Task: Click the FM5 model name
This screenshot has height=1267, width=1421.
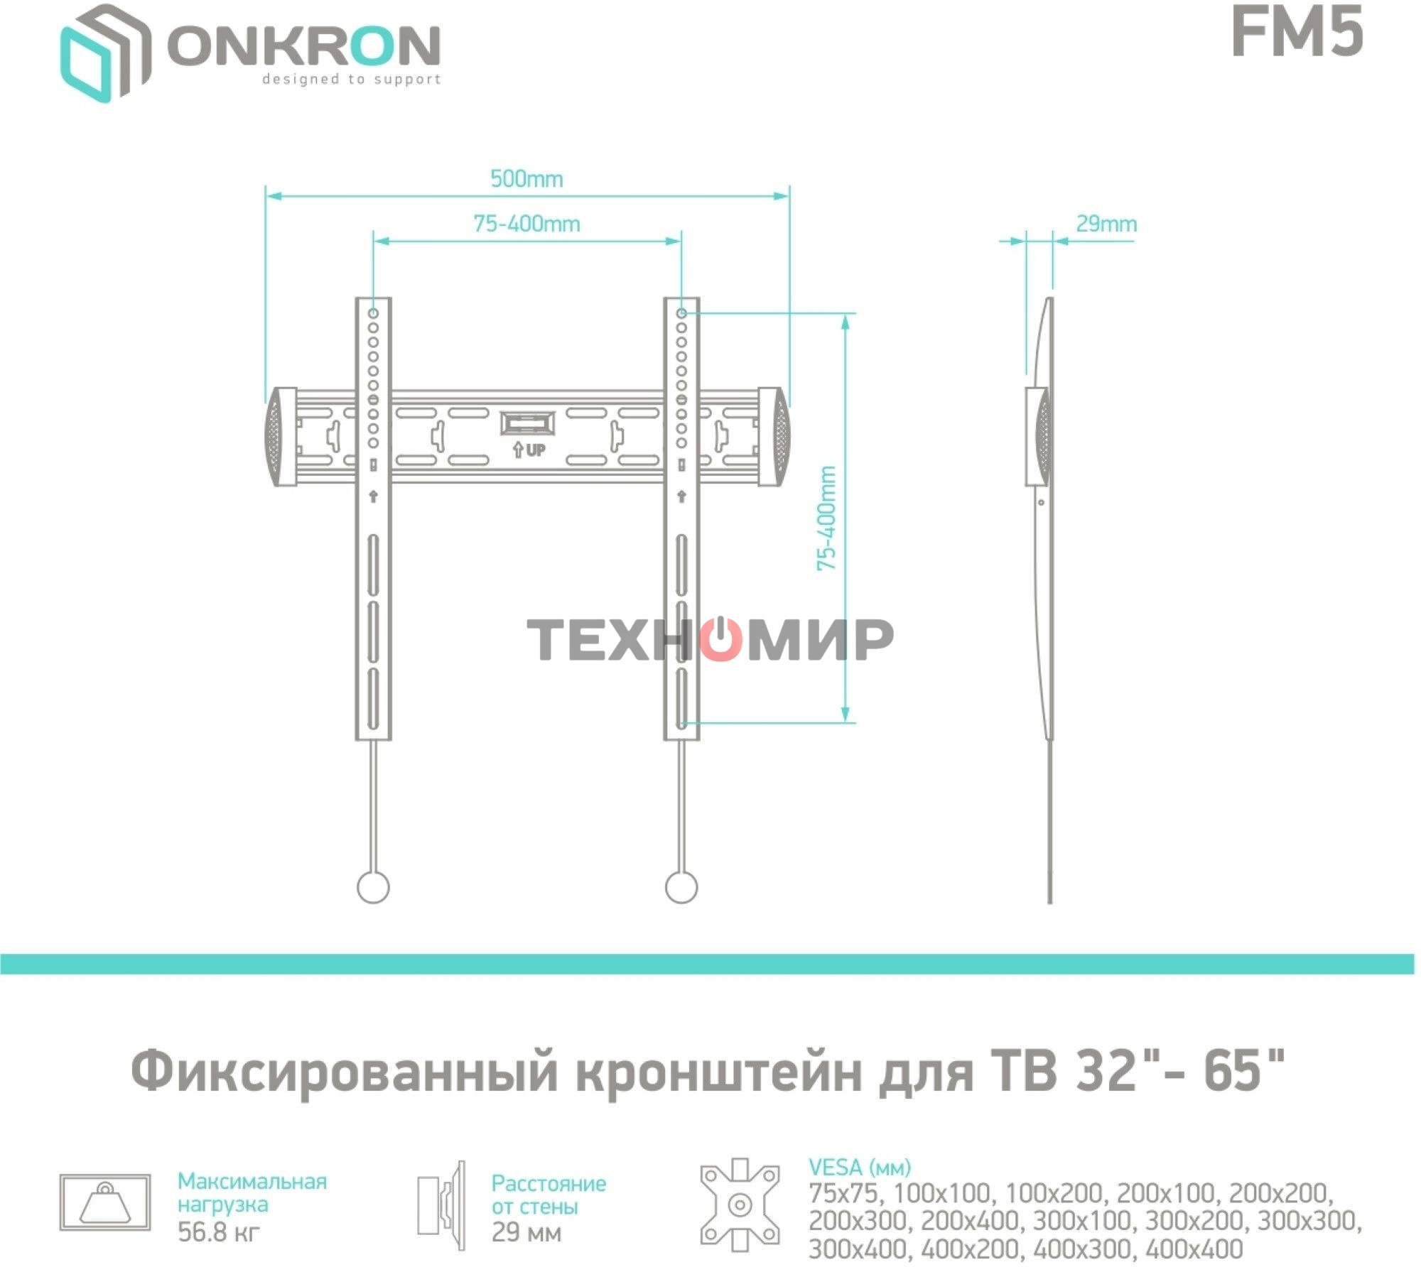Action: (1297, 33)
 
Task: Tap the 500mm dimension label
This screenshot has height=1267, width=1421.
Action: (526, 179)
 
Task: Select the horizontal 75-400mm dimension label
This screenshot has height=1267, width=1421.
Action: (526, 224)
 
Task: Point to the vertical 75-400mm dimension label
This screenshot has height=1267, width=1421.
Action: (826, 518)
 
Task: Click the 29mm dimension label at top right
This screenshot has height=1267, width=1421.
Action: (1106, 224)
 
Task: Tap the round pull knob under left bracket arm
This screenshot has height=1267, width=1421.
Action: (373, 887)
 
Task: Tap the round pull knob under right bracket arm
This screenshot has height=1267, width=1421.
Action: (681, 887)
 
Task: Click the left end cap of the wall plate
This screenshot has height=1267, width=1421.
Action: (281, 436)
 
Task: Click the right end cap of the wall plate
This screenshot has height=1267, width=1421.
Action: (774, 436)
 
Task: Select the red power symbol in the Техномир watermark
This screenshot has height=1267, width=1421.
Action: (720, 639)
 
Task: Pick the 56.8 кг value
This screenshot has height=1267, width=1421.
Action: (218, 1231)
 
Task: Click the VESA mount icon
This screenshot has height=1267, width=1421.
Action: (740, 1205)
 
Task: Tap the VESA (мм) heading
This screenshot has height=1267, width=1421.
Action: (859, 1168)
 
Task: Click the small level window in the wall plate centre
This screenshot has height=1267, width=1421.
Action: (526, 423)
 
